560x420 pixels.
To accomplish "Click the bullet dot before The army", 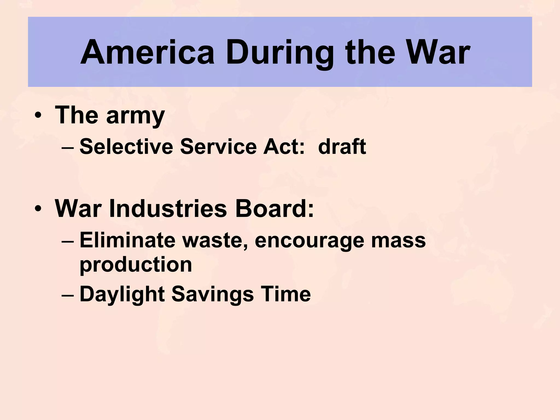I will (38, 115).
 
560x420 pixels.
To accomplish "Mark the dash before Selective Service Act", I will (68, 147).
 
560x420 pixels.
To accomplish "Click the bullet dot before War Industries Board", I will (38, 209).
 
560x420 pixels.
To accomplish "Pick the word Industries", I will (168, 209).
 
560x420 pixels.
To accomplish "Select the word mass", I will (398, 241).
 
